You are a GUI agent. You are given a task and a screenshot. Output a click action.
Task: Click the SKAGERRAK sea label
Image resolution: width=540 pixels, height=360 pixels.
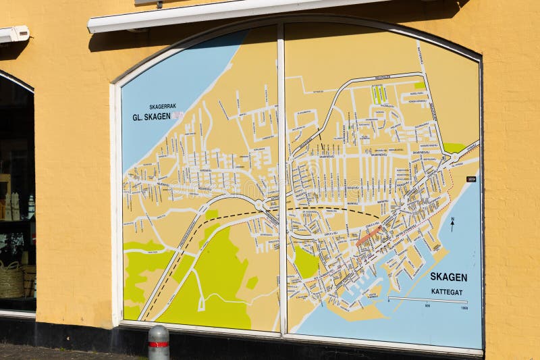click(x=162, y=107)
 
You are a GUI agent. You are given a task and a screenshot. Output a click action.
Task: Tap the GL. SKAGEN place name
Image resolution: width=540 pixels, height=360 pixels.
click(x=151, y=116)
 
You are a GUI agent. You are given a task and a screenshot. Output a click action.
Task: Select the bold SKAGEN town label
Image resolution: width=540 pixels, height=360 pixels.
click(x=448, y=277)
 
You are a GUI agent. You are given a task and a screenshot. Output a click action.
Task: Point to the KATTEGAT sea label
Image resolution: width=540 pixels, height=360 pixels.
click(x=447, y=292)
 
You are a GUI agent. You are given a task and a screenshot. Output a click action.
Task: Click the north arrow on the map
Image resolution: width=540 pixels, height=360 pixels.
click(x=452, y=224)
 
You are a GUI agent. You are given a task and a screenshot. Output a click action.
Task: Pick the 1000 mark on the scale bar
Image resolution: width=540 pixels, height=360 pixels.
click(x=464, y=307)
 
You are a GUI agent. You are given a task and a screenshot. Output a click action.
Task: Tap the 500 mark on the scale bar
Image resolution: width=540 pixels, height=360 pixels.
click(x=427, y=306)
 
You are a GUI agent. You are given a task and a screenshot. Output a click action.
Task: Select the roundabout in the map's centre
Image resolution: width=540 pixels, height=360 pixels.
click(x=259, y=203)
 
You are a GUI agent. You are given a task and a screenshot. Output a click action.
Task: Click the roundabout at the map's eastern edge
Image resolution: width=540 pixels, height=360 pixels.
click(x=454, y=157)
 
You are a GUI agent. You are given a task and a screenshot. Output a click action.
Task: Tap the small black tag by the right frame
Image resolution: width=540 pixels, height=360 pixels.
click(x=471, y=179)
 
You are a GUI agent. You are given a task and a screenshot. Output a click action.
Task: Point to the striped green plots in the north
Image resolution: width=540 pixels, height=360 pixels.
click(x=379, y=94)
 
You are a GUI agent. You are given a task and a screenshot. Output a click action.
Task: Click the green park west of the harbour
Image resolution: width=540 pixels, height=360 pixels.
click(x=306, y=263)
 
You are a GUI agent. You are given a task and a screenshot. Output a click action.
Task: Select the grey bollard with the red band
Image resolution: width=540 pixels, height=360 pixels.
click(x=159, y=342)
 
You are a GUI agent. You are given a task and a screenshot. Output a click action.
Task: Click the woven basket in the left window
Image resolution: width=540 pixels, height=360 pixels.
click(x=11, y=280)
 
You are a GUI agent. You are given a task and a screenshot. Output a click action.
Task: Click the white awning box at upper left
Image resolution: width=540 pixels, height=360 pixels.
click(x=14, y=34)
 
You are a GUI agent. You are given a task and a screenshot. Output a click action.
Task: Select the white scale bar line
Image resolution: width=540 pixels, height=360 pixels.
click(x=427, y=299)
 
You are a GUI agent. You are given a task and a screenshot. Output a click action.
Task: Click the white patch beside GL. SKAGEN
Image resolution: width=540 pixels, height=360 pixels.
click(x=178, y=115)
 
